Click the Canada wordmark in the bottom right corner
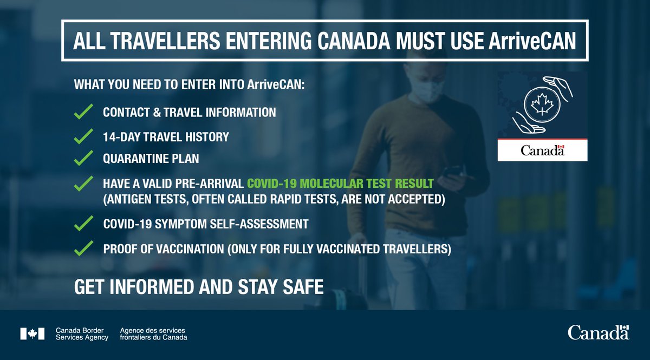pyautogui.click(x=598, y=332)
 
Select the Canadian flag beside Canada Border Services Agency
pyautogui.click(x=32, y=333)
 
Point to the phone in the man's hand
pyautogui.click(x=451, y=172)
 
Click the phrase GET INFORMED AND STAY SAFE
pyautogui.click(x=199, y=286)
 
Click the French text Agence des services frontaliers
pyautogui.click(x=153, y=334)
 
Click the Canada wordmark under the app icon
pyautogui.click(x=542, y=151)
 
